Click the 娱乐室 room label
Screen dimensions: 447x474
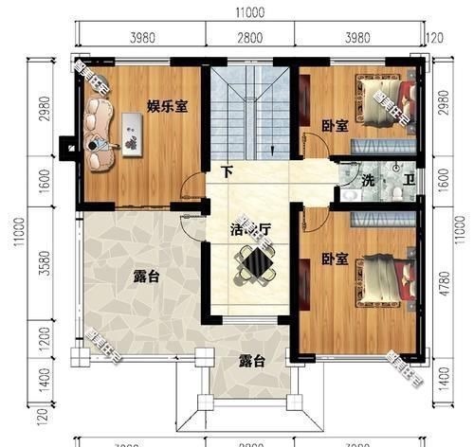(x=167, y=107)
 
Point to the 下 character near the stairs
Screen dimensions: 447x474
(x=226, y=172)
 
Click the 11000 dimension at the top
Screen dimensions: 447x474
(x=250, y=13)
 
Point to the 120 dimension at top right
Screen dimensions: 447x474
(x=435, y=38)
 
